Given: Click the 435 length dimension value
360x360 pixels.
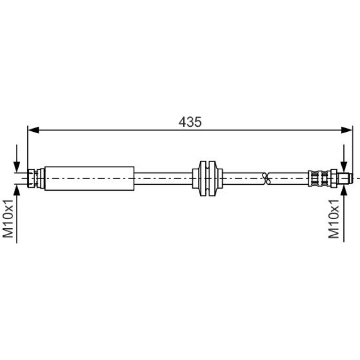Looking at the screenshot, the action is [x=190, y=122].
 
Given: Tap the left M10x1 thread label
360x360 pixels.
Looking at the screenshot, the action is [x=8, y=218].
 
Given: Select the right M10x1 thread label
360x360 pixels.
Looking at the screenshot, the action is [x=334, y=219].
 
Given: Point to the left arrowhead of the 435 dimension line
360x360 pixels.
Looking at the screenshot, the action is [x=33, y=130].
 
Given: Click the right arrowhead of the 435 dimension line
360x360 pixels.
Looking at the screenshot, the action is [x=346, y=130].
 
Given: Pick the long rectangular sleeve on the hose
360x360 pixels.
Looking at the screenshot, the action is [x=89, y=179].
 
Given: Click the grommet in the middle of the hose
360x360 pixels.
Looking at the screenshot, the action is [x=207, y=179].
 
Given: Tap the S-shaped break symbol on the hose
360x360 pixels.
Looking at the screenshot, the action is [x=266, y=179].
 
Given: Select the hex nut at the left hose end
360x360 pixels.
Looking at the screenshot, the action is [x=31, y=179].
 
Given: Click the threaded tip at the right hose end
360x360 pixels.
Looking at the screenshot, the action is [x=344, y=179].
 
